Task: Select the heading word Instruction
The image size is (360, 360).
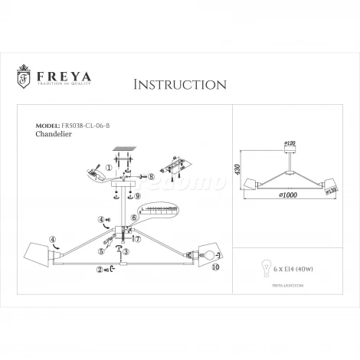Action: pos(179,82)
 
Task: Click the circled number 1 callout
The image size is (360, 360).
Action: pos(109,166)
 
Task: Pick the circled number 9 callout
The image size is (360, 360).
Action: pos(138,196)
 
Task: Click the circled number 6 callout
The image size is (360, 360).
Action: pos(134,218)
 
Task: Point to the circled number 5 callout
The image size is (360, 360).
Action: pos(100,250)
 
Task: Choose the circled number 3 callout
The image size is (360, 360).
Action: pos(127,252)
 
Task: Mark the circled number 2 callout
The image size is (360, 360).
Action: pos(99,269)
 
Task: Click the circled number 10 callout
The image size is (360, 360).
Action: pos(215,267)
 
